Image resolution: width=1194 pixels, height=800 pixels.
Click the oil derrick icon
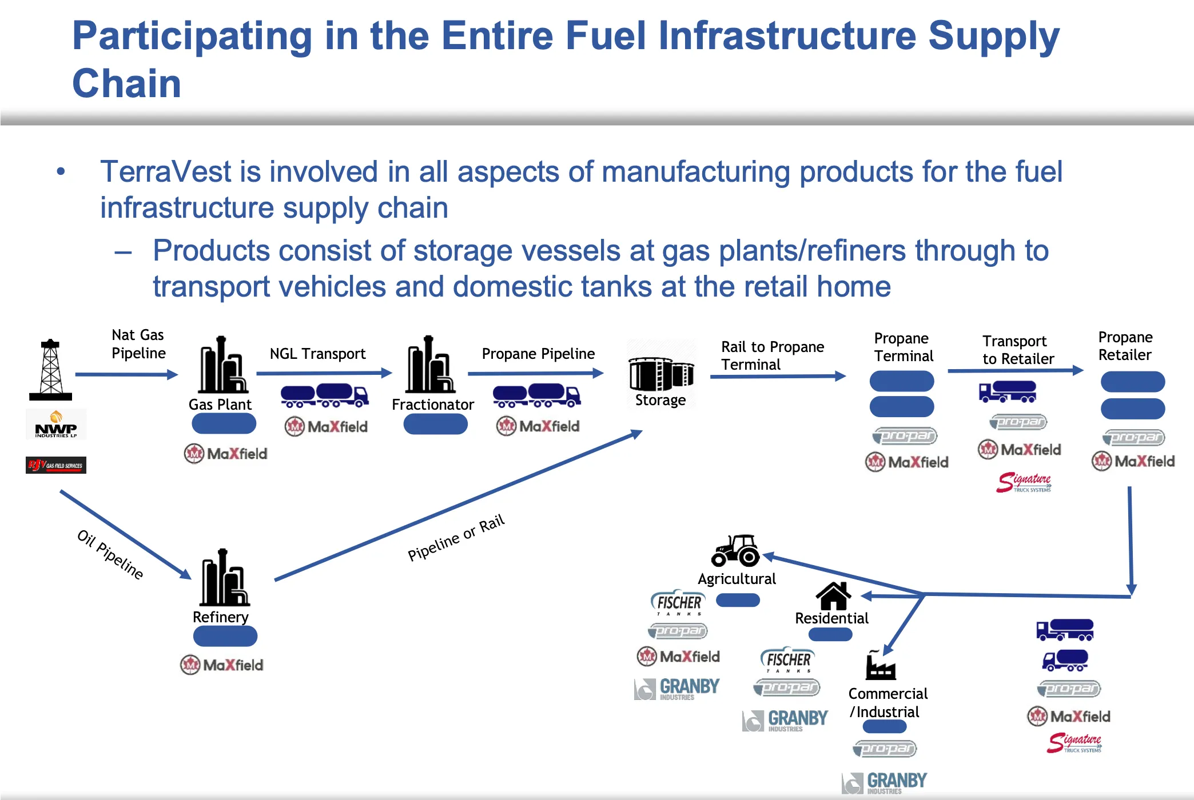point(51,370)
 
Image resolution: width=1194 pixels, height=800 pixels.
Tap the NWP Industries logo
point(56,425)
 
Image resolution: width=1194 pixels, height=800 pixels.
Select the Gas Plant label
point(220,405)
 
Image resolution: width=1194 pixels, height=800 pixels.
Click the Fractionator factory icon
point(429,366)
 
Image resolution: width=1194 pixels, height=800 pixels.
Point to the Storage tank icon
point(661,374)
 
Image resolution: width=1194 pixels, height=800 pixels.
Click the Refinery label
point(221,617)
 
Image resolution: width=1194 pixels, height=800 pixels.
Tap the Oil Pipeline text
point(110,554)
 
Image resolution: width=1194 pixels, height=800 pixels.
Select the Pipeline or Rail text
point(456,537)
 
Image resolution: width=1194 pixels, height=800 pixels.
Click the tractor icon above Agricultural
point(735,550)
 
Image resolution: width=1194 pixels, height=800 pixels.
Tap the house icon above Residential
point(833,596)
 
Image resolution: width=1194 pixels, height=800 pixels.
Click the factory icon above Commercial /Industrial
point(880,666)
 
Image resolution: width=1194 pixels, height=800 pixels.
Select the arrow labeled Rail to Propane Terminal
point(777,377)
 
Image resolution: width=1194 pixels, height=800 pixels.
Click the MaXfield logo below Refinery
point(222,665)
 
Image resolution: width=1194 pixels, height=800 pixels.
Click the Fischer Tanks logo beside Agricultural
point(678,603)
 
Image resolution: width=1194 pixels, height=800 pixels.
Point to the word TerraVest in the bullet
point(165,172)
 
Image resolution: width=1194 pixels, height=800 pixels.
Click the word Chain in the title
point(126,83)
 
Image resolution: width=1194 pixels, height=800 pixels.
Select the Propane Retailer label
point(1125,346)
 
